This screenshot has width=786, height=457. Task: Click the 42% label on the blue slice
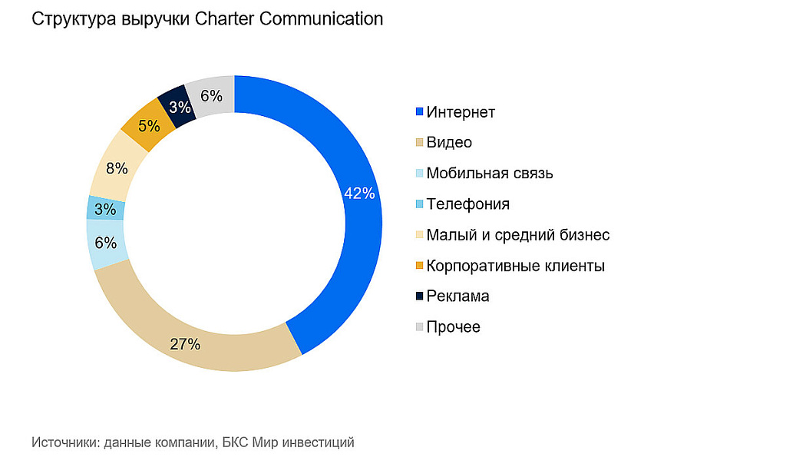point(359,194)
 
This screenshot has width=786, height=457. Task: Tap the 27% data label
point(185,344)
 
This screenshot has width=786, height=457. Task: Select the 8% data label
point(117,168)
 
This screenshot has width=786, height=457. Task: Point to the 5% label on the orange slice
point(149,125)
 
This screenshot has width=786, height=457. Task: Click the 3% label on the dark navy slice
point(180,107)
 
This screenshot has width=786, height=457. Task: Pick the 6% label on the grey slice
point(211,96)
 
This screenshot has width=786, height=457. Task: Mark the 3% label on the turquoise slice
point(105,209)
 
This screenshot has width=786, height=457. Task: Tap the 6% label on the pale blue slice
point(106,243)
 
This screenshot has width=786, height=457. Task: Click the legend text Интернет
point(461,112)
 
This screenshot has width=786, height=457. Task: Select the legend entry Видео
point(449,143)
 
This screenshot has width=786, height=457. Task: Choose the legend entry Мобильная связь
point(489,174)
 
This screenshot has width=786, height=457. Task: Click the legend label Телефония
point(467,204)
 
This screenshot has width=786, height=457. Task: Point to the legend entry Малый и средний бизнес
point(518,235)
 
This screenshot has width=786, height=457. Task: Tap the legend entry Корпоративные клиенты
point(515,266)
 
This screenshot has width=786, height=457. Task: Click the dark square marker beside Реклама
point(419,296)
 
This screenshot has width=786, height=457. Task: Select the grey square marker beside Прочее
point(419,327)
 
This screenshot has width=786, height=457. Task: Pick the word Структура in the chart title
point(73,19)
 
